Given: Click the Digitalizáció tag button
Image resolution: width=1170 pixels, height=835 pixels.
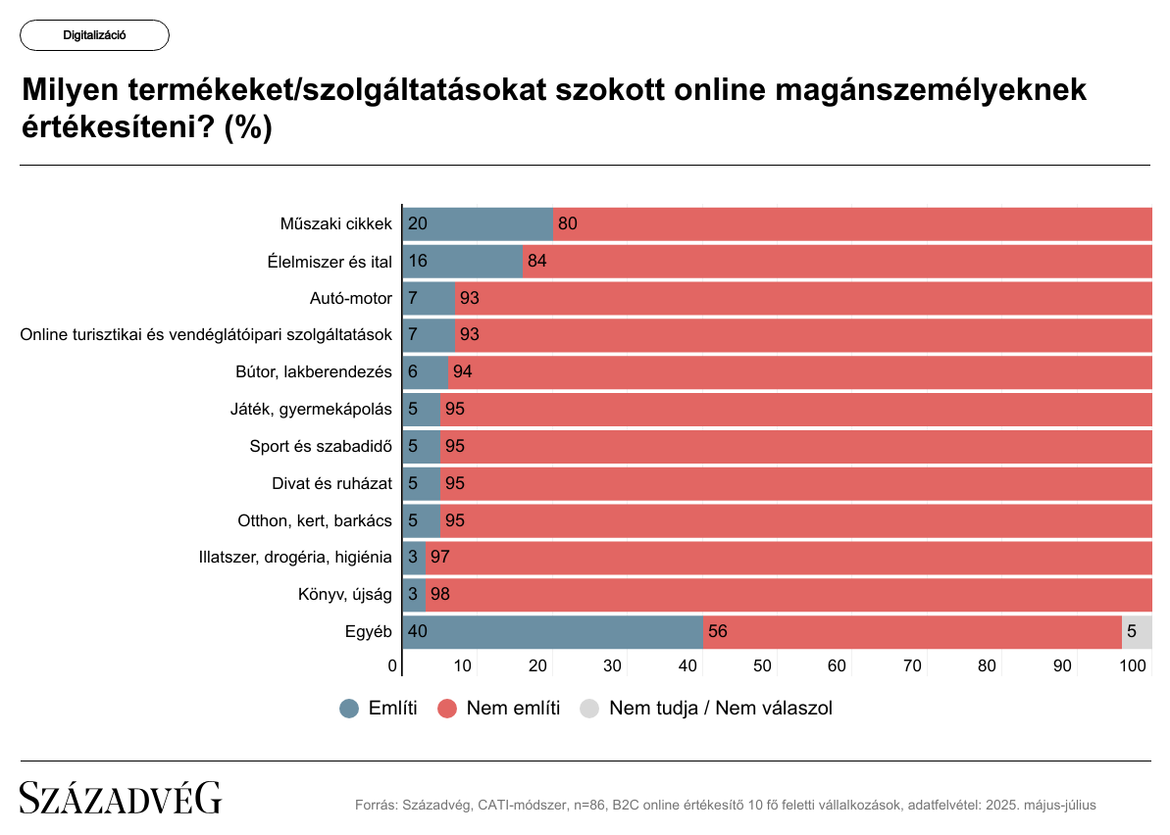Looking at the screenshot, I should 94,35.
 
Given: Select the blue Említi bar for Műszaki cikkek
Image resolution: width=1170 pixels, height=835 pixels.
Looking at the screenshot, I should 478,223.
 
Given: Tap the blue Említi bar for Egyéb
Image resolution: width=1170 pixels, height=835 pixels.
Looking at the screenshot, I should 553,631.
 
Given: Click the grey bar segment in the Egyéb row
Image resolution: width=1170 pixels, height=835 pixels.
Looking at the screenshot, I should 1136,631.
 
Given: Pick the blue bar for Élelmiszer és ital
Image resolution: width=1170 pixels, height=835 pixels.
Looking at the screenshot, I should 463,261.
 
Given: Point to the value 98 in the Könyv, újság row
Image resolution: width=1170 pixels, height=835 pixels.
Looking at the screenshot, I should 439,594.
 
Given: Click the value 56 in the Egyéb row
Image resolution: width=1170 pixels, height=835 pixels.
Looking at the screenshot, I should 717,631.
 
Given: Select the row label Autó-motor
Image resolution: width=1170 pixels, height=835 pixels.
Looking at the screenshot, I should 350,298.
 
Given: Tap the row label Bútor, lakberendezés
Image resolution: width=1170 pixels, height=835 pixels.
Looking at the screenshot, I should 314,371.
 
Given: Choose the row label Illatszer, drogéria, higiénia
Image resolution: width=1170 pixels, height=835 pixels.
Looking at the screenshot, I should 295,557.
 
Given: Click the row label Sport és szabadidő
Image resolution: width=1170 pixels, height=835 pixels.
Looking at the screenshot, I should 321,446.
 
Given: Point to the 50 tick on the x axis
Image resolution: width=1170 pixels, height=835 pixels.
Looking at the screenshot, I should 762,666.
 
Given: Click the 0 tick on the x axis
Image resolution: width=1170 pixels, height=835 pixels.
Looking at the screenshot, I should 392,666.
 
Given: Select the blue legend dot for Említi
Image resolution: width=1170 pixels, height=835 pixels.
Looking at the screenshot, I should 349,709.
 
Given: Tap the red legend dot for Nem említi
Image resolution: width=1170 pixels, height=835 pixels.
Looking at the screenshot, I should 448,709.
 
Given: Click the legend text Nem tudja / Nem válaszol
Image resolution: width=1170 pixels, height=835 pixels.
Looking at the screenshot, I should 720,709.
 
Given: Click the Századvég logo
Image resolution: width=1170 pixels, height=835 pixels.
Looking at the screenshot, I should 121,799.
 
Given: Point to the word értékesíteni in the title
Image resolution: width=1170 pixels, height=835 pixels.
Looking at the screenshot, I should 118,127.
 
